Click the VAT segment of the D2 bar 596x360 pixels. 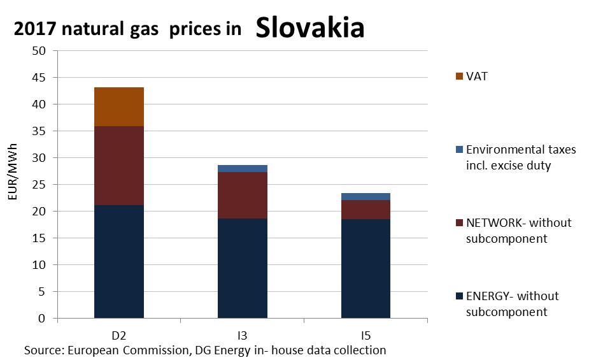pos(118,106)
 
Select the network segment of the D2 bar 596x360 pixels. pos(118,166)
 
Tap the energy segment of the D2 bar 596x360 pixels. pos(118,261)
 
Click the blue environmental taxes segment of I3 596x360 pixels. pos(242,169)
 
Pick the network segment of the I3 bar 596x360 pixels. pos(242,196)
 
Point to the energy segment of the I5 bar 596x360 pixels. pos(365,268)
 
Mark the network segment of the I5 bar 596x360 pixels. pos(365,210)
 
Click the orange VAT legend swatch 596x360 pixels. pos(458,76)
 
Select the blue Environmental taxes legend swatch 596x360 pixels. pos(458,150)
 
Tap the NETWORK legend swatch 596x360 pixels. pos(458,223)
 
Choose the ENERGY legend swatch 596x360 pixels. pos(458,296)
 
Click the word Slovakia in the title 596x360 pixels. pos(309,27)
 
